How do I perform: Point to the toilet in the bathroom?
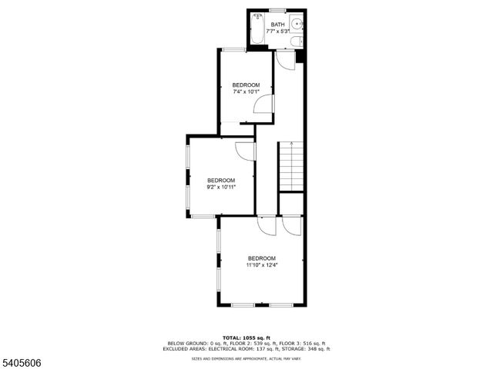pyautogui.click(x=301, y=41)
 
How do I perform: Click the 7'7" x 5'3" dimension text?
pyautogui.click(x=277, y=32)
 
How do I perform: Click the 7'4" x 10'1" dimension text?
pyautogui.click(x=246, y=91)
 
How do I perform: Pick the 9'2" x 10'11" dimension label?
pyautogui.click(x=220, y=187)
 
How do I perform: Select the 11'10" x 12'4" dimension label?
pyautogui.click(x=261, y=265)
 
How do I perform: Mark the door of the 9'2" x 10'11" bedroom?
pyautogui.click(x=246, y=151)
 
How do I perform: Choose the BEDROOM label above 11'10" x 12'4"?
pyautogui.click(x=261, y=258)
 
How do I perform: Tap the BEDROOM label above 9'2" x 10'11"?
pyautogui.click(x=220, y=180)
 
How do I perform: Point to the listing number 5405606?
pyautogui.click(x=21, y=357)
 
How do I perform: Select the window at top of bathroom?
pyautogui.click(x=277, y=10)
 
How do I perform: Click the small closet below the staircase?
pyautogui.click(x=292, y=204)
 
